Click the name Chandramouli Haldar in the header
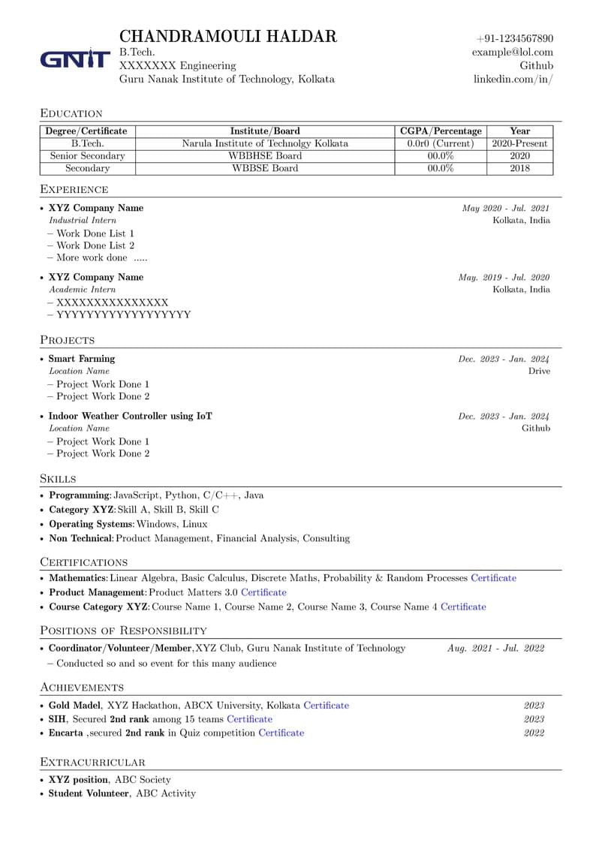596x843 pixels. pos(227,36)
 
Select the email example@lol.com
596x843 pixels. pos(512,52)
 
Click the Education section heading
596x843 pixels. pos(71,113)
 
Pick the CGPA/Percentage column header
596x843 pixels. pos(441,131)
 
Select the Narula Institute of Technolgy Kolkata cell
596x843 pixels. pos(265,143)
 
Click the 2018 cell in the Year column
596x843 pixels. pos(519,168)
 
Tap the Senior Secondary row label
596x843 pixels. pos(87,156)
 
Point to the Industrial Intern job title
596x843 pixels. pos(83,221)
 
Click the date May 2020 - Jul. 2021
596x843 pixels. pos(505,208)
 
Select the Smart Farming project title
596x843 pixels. pos(82,359)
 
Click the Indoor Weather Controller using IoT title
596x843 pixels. pos(131,416)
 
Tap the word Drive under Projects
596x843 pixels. pos(538,371)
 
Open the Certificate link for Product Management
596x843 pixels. pos(263,592)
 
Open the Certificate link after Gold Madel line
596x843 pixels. pos(326,706)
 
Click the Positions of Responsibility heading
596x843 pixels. pos(123,631)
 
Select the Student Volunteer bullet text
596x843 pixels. pos(89,793)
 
